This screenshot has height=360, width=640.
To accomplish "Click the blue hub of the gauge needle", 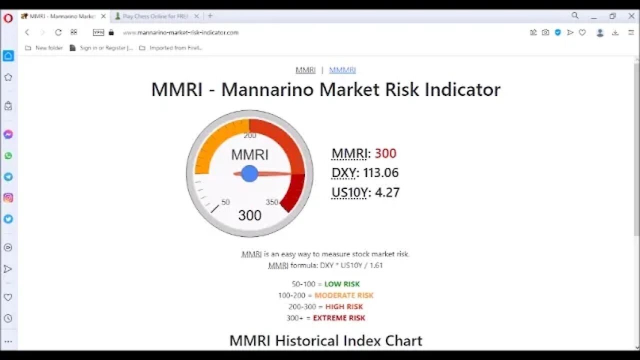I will pos(249,173).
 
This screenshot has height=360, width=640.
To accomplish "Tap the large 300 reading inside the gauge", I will pos(249,215).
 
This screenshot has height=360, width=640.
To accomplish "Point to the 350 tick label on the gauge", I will pos(272,202).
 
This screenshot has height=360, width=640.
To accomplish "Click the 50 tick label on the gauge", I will pos(225,202).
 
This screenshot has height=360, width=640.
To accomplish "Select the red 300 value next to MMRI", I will pos(385,153).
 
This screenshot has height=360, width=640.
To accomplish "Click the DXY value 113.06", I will pos(381,173).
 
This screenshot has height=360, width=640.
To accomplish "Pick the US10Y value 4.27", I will pos(387,192).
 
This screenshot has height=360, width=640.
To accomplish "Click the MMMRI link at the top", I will pos(342,70).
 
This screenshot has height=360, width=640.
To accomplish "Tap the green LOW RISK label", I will pos(342,284).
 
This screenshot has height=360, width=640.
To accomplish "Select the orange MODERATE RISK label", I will pos(344,295).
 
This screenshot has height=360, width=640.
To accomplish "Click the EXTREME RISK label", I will pos(339,318).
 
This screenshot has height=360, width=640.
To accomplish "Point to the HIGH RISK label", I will pos(344,306).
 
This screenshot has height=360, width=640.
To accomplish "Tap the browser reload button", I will pos(58,32).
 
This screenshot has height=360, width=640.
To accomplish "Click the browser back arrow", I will pos(27,32).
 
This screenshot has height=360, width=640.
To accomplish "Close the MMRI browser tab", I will pos(103,16).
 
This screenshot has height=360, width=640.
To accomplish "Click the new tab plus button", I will pos(210,16).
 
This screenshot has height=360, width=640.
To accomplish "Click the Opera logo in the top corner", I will pos(8,18).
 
